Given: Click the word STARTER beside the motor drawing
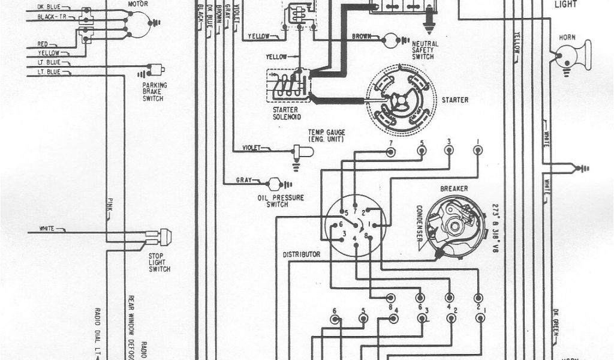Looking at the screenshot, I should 456,100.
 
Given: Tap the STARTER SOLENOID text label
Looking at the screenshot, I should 285,113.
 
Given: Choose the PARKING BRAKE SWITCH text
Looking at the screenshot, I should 155,92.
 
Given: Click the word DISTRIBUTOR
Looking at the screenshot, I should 301,254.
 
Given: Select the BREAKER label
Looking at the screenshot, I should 454,188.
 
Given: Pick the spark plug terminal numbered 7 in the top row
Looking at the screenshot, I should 390,151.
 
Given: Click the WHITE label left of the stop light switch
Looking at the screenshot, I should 47,229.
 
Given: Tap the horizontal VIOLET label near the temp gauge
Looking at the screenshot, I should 252,148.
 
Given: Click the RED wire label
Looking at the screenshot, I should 43,44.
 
